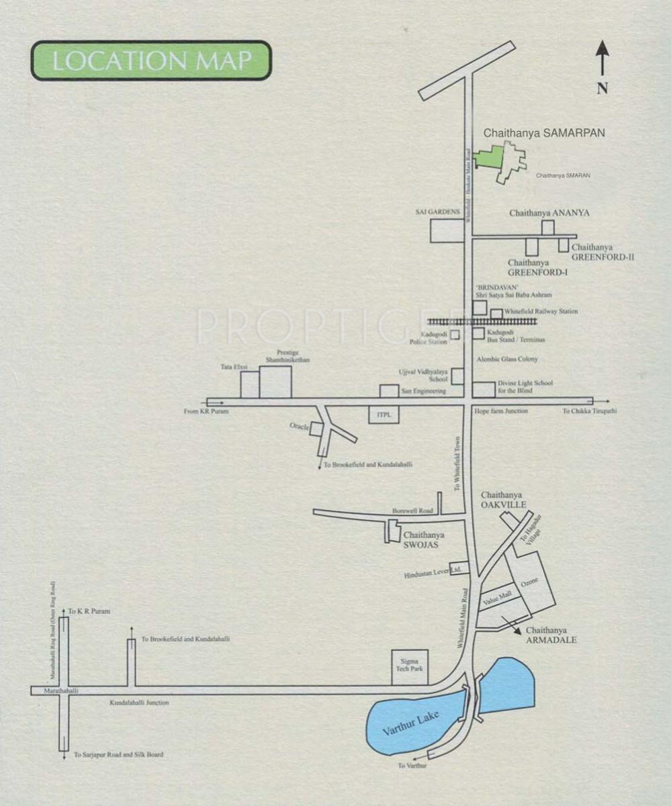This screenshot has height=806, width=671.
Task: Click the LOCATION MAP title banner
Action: click(151, 60)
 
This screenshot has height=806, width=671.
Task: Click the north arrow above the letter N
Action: click(602, 57)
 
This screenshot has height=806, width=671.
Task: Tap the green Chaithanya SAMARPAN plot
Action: click(490, 157)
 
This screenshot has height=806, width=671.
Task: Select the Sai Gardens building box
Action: click(447, 230)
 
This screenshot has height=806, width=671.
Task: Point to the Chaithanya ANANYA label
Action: click(549, 213)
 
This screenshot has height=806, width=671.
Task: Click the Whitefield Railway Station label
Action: click(541, 312)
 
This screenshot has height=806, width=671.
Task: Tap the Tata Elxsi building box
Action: click(250, 384)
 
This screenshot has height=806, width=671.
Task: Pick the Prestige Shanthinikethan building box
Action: click(275, 382)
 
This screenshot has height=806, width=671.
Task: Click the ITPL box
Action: click(384, 416)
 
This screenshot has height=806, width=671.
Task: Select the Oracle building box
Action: click(316, 429)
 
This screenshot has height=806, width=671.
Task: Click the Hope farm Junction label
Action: click(500, 410)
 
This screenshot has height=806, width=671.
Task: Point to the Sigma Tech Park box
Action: click(410, 667)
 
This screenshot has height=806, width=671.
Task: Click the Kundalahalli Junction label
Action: click(139, 703)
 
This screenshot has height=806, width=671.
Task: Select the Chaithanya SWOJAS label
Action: click(423, 540)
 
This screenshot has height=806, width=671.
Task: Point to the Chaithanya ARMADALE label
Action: click(551, 635)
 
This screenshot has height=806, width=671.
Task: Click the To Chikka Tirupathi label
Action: click(589, 411)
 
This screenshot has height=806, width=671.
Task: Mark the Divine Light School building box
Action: click(483, 390)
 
